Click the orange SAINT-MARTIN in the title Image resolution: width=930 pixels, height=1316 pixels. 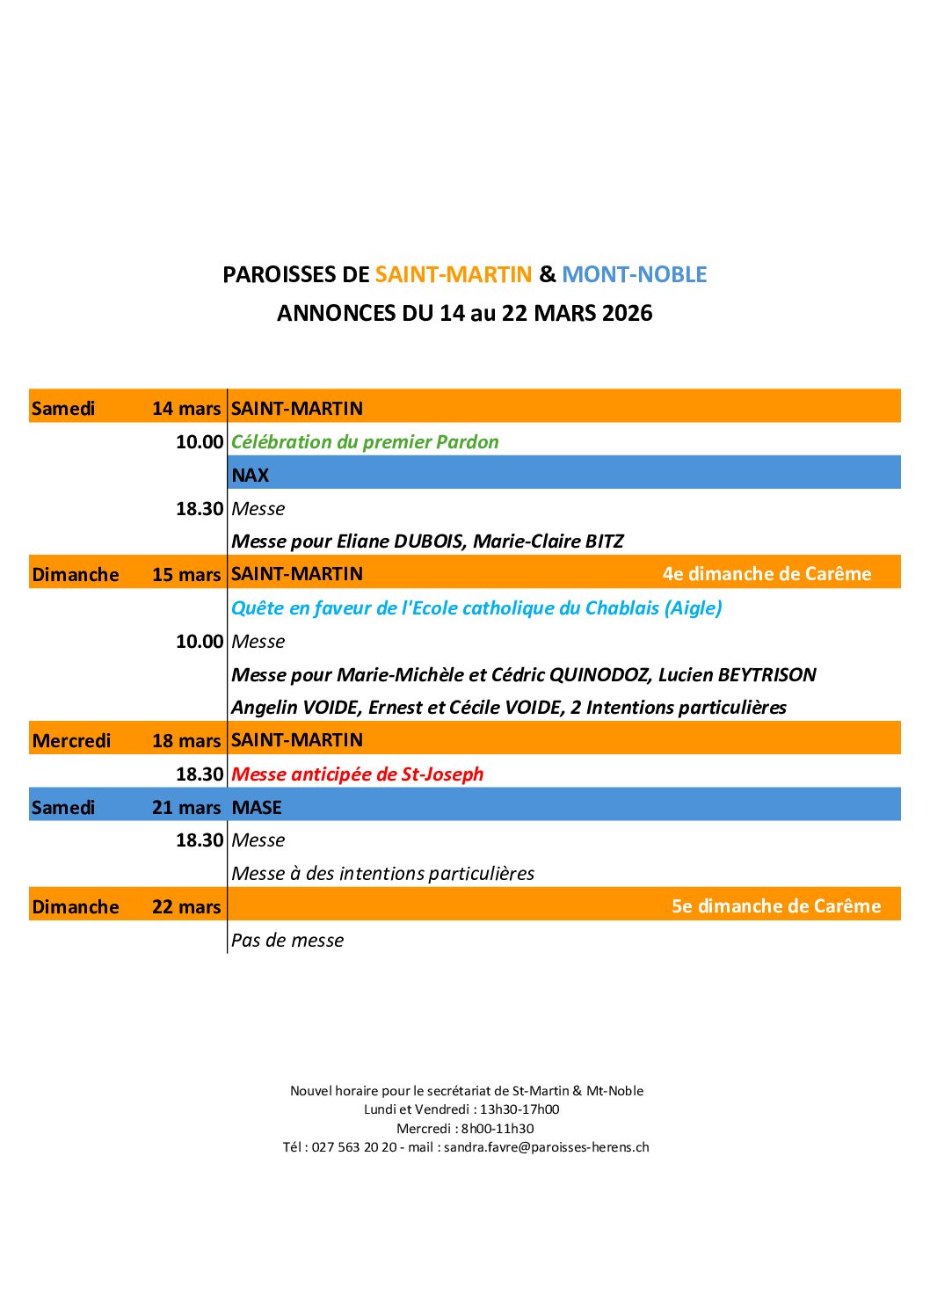(x=454, y=274)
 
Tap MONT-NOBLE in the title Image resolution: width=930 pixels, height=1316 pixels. (x=634, y=274)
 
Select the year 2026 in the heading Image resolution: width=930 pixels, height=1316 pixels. (x=628, y=313)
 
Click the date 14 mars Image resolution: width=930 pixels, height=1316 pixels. (x=186, y=408)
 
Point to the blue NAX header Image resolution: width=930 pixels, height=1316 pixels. (x=251, y=475)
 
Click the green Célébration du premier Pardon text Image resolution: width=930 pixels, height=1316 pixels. (x=365, y=441)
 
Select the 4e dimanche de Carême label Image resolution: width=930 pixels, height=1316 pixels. (x=767, y=573)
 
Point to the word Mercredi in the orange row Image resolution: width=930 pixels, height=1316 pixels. (x=71, y=740)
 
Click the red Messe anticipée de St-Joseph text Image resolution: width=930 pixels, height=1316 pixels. (x=357, y=774)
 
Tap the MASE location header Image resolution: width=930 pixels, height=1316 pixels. (x=257, y=807)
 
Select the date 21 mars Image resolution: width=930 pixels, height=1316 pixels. (x=186, y=807)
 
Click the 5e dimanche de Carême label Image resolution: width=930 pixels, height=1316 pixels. (x=776, y=905)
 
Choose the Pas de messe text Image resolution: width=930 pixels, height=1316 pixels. (x=287, y=940)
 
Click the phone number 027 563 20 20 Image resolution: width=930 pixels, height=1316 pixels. (x=354, y=1147)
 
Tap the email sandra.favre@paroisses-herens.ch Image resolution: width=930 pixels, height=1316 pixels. (x=546, y=1147)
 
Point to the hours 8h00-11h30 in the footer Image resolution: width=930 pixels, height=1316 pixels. (x=498, y=1129)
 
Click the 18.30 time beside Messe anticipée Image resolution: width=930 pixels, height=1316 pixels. (x=200, y=774)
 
